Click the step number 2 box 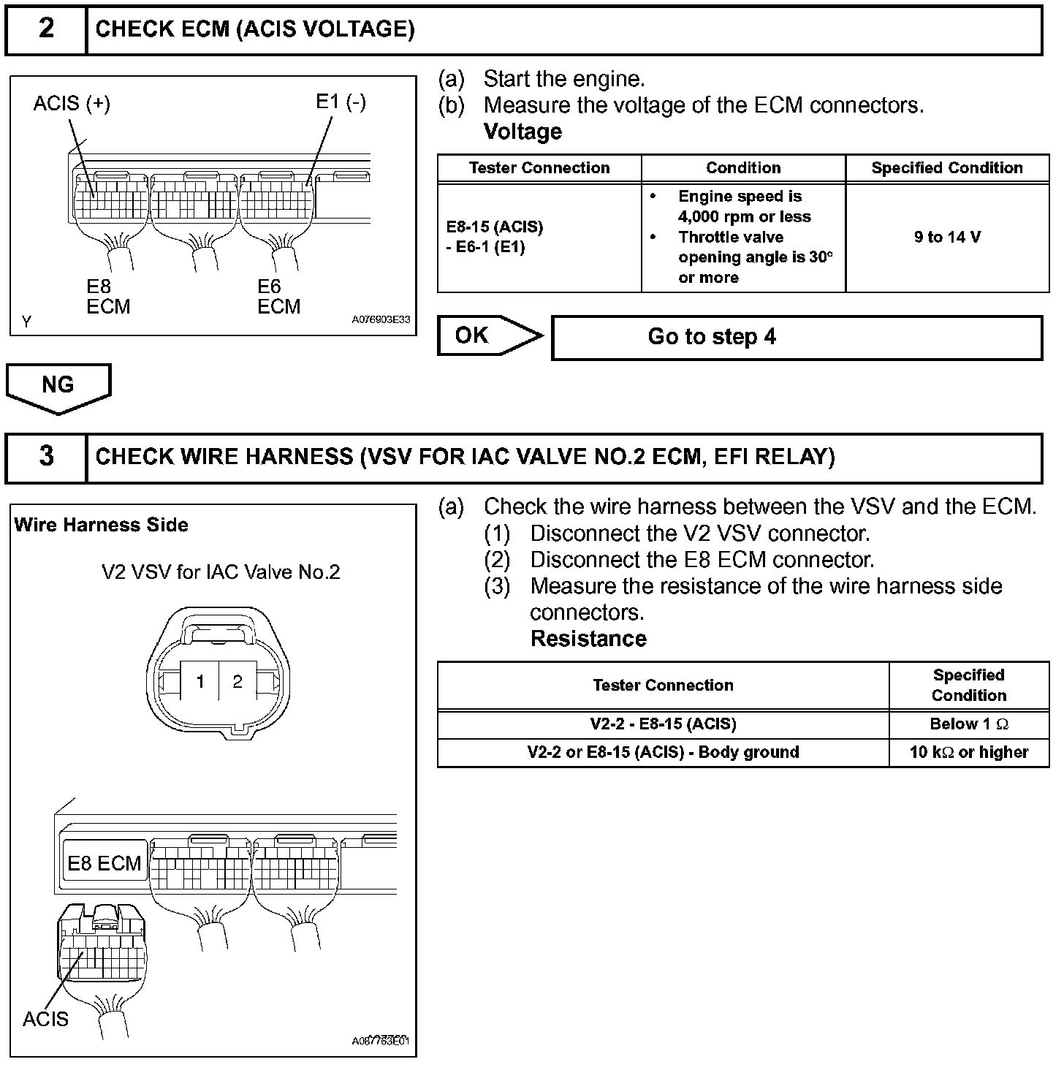46,29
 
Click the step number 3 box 46,457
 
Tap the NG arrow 58,385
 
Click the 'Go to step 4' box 797,337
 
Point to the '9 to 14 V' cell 947,237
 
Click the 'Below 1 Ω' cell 969,724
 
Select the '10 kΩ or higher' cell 969,752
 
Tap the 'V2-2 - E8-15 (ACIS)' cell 663,724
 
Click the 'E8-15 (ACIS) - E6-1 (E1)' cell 495,237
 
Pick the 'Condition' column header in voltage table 743,168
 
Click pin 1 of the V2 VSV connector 200,682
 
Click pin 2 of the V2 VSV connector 237,682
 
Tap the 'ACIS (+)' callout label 72,104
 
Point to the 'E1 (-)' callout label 341,102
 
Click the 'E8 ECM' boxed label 104,863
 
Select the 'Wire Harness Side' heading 101,525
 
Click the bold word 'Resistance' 588,639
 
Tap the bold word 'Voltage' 522,132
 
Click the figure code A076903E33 381,320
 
